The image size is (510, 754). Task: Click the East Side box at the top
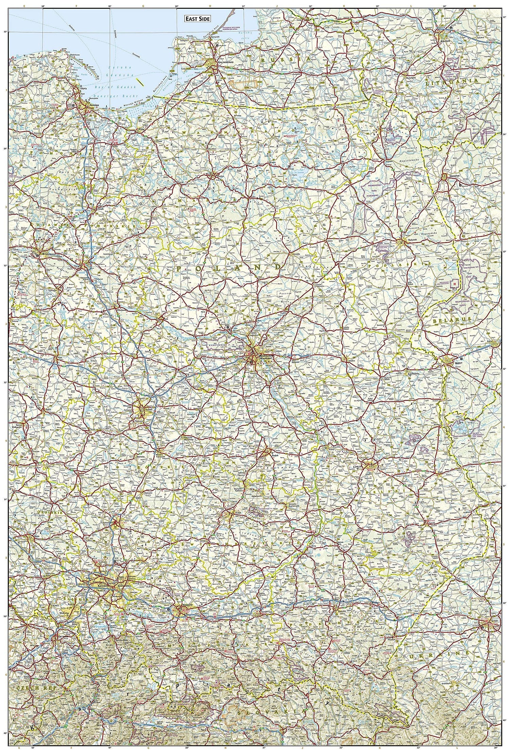(x=198, y=19)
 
